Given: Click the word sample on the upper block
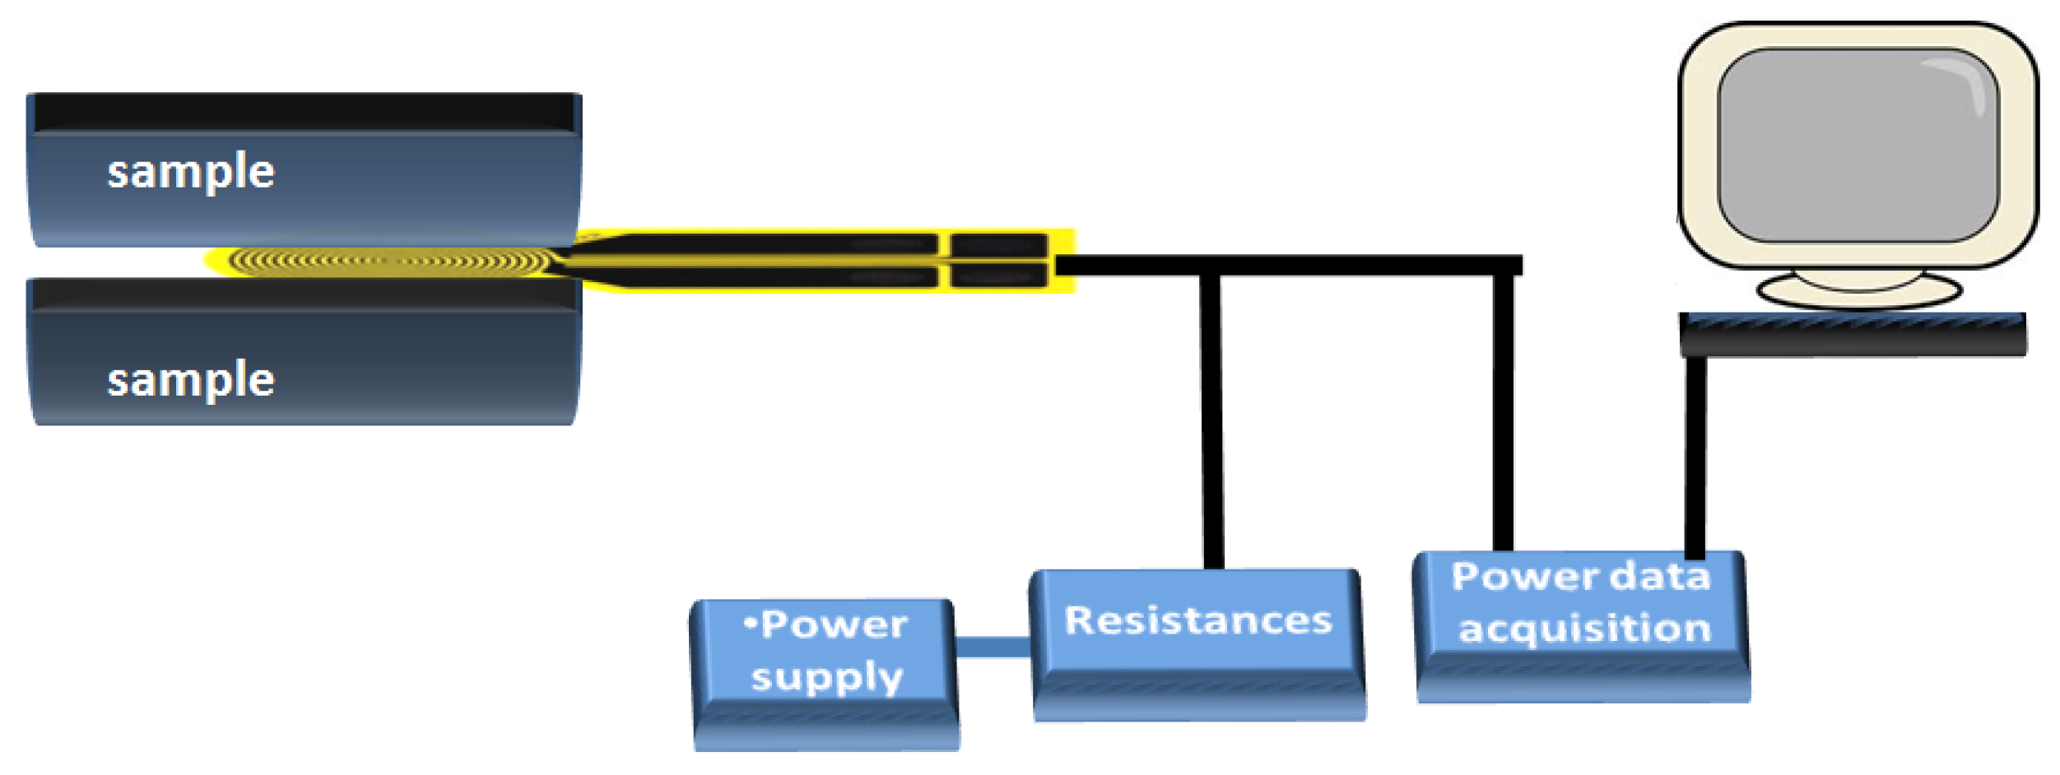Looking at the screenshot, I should (191, 173).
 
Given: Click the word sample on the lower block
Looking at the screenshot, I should (191, 381).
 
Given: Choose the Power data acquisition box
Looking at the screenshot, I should (1581, 625).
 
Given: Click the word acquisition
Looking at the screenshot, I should (1584, 629).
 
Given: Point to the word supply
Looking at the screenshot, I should (827, 678).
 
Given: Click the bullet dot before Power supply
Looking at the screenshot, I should (749, 624).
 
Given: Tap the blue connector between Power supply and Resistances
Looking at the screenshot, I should (993, 647).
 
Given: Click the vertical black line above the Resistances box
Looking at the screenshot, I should (1211, 420).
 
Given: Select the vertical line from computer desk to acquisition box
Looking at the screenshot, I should (1695, 457).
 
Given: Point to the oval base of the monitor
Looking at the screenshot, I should (1859, 290).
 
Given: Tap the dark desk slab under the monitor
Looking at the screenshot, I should (1852, 335).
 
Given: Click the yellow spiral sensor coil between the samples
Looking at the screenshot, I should (387, 262).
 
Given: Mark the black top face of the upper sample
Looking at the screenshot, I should (305, 111).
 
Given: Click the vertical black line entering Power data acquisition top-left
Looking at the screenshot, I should (1503, 411).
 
